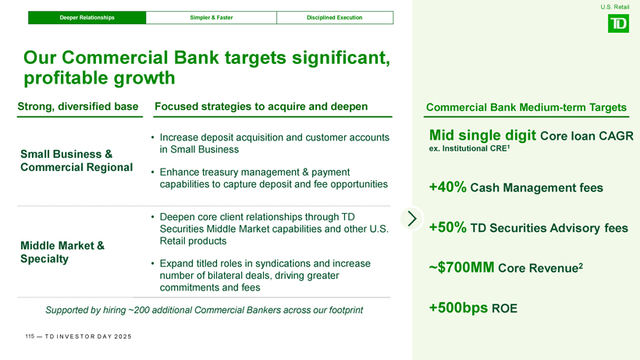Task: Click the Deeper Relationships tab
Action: [87, 17]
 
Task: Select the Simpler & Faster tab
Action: [211, 17]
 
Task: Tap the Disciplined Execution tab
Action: [335, 17]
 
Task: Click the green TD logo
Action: [618, 23]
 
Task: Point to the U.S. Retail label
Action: [615, 7]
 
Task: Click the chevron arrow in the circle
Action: [412, 219]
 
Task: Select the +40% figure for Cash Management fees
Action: [448, 187]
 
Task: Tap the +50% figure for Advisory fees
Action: [448, 227]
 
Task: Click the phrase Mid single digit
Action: [482, 134]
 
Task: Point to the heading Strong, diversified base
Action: [78, 106]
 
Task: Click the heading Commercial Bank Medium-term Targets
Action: [526, 107]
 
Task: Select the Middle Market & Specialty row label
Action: [62, 251]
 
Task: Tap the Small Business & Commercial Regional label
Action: [76, 160]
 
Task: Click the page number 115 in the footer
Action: [30, 337]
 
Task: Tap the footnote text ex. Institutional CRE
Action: [469, 148]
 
